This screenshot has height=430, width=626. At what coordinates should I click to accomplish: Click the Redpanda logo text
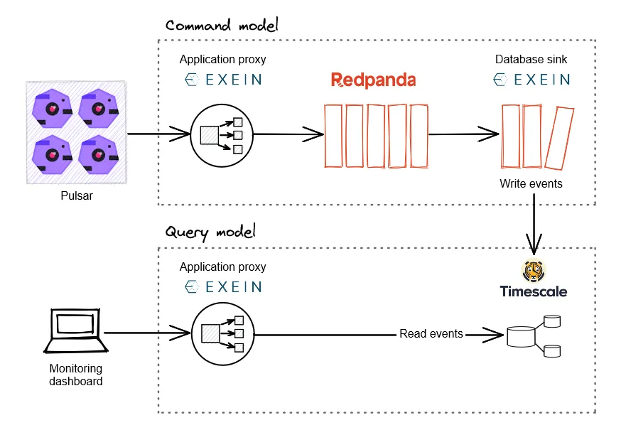coord(373,80)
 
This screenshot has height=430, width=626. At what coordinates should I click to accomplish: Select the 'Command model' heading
coord(222,26)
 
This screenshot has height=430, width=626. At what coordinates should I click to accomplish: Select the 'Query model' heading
coord(210,232)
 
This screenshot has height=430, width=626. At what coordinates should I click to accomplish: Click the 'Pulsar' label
coord(76,195)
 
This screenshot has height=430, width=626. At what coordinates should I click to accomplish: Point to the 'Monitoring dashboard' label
coord(76,375)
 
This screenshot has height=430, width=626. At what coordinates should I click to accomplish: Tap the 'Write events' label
coord(531,183)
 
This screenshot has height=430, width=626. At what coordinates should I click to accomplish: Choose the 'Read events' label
coord(431,333)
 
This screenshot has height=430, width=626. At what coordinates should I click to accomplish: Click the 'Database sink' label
coord(531,59)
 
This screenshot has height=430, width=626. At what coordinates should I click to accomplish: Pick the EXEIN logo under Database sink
coord(531,80)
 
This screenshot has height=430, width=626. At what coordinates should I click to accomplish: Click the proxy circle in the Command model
coord(222,135)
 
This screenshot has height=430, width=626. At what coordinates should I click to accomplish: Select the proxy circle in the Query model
coord(222,333)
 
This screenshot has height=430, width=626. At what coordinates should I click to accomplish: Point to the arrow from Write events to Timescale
coord(533,224)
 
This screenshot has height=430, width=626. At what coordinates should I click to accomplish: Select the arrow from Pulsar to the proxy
coord(158,133)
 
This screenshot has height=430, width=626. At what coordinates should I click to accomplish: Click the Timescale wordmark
coord(533,291)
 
